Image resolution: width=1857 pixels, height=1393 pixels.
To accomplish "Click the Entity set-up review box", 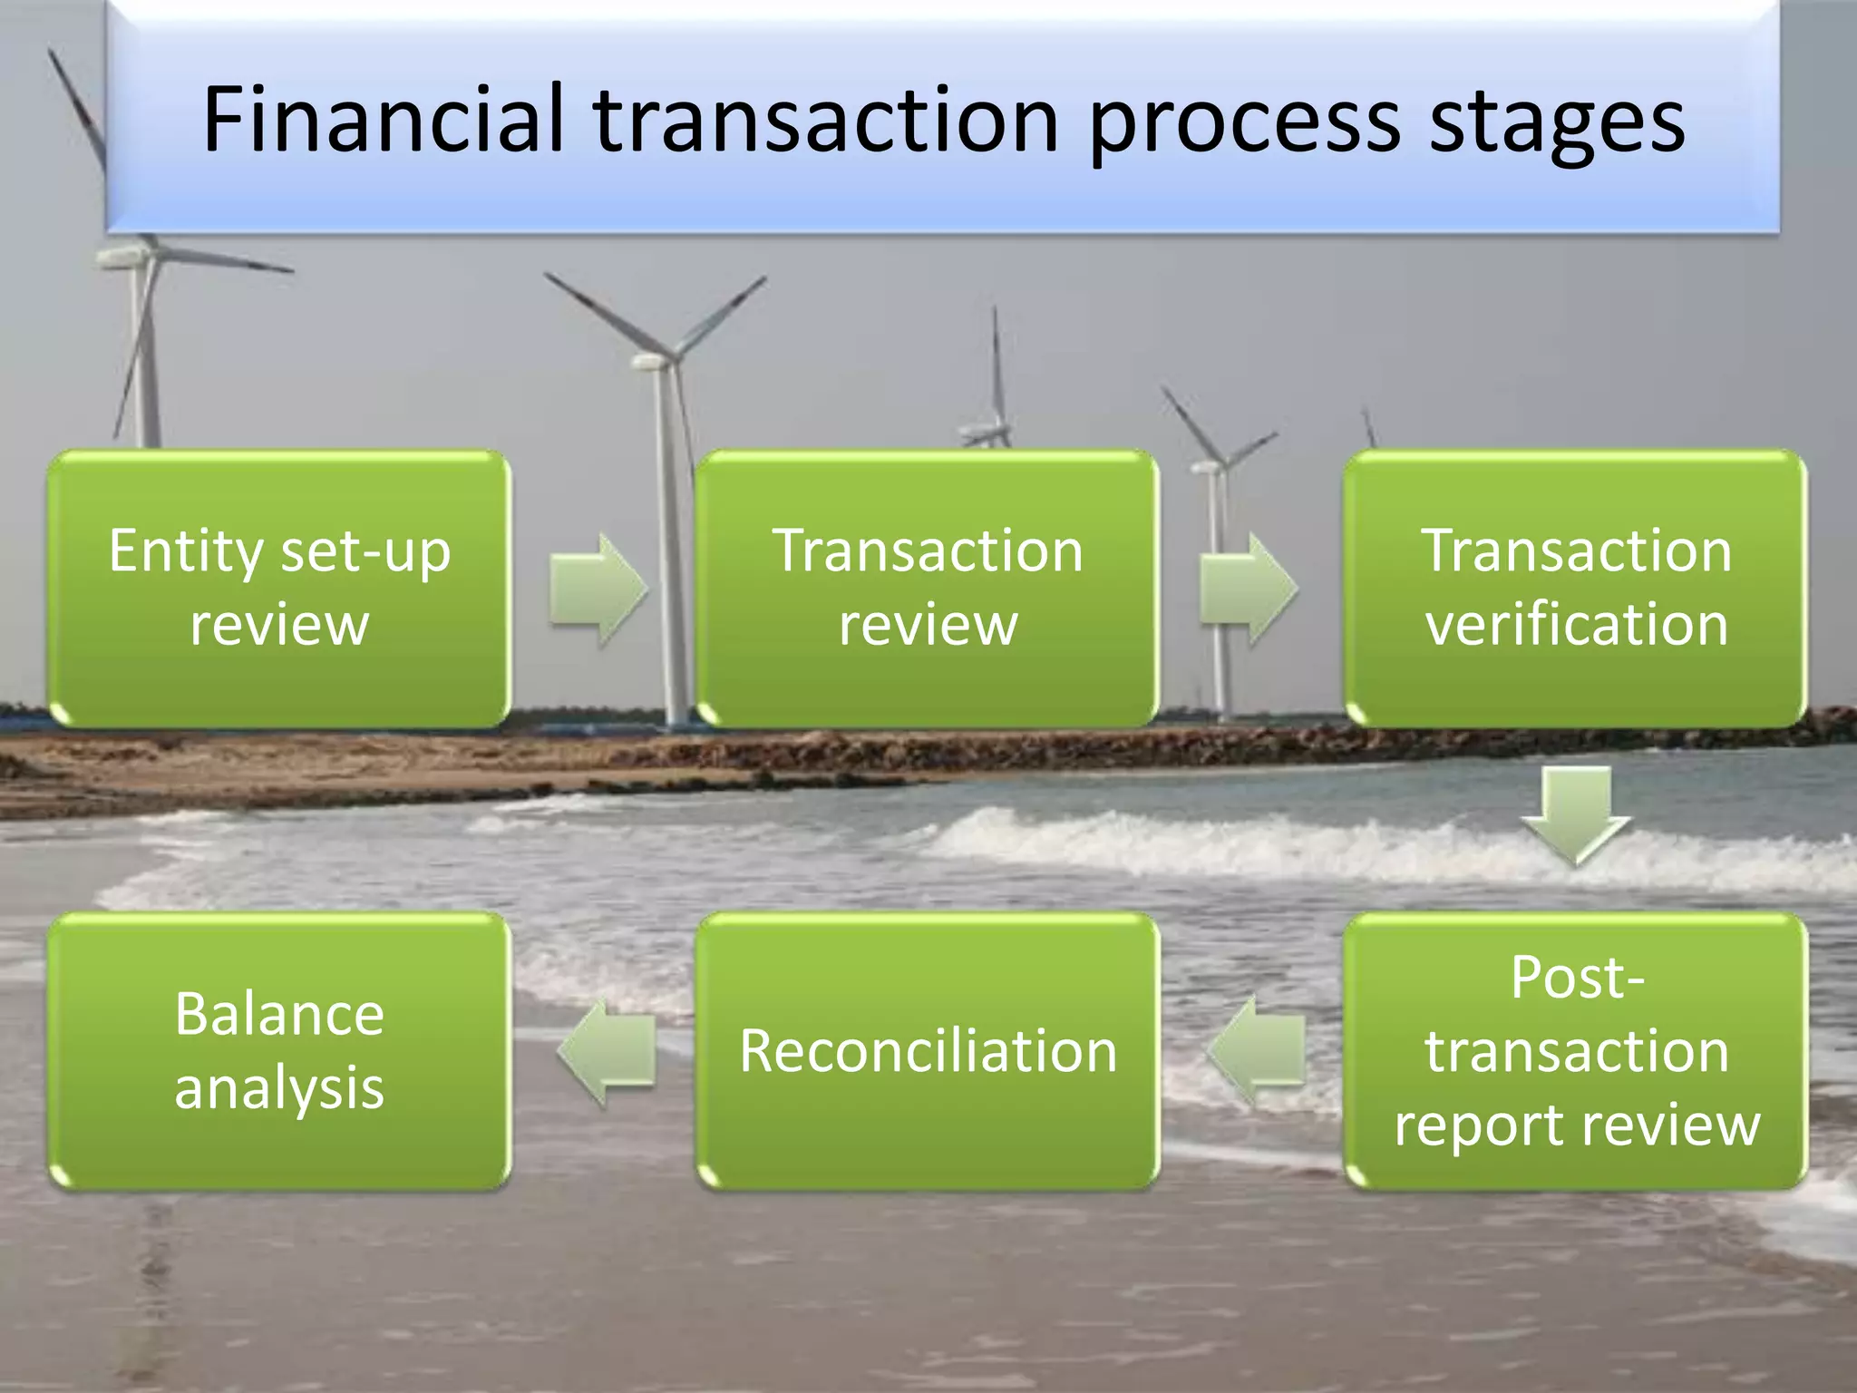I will [279, 588].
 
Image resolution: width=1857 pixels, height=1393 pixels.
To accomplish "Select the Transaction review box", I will [928, 588].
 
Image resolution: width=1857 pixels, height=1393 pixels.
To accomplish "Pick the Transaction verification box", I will [1576, 588].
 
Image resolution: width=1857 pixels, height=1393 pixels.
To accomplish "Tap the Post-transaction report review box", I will [1576, 1050].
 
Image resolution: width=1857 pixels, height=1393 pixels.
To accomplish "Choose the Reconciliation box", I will [928, 1050].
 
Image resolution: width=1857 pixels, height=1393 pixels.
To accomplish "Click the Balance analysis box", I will [279, 1050].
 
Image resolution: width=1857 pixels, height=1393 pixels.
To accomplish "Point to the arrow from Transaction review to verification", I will [1248, 589].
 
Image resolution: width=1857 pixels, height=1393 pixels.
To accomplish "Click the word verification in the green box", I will [1576, 625].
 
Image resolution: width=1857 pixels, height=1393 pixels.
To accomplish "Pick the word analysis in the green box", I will [279, 1088].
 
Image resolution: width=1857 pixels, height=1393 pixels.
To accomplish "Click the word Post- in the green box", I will [1576, 978].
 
